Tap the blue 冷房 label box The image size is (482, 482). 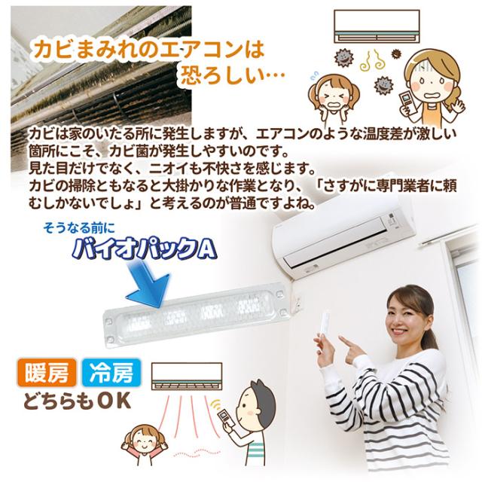pyautogui.click(x=111, y=374)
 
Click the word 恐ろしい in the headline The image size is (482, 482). pyautogui.click(x=226, y=76)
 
